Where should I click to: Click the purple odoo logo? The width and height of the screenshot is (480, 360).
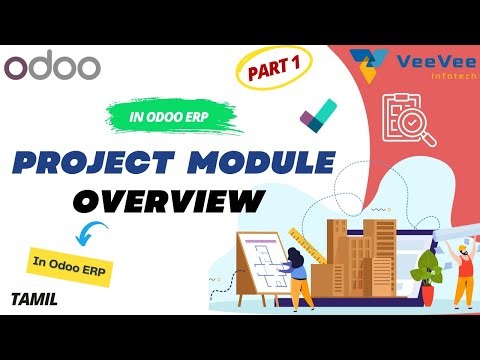pos(52,67)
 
